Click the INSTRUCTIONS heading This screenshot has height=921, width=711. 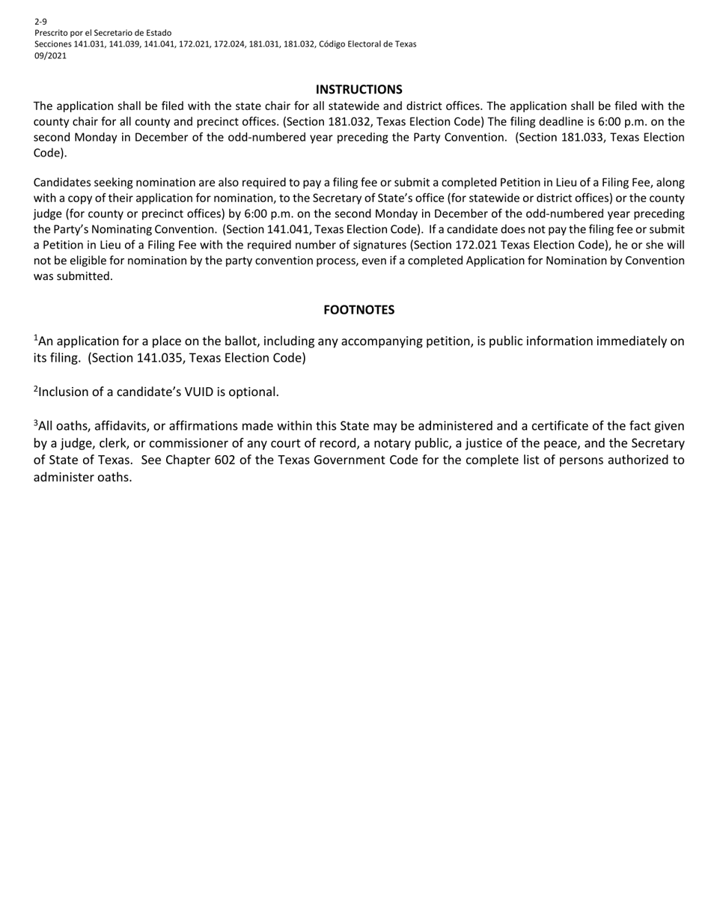pyautogui.click(x=358, y=89)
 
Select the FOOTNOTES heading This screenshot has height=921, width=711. pyautogui.click(x=358, y=310)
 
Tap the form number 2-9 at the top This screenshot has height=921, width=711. pyautogui.click(x=40, y=22)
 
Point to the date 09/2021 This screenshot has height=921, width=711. pyautogui.click(x=50, y=55)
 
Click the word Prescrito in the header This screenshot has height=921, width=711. pyautogui.click(x=52, y=33)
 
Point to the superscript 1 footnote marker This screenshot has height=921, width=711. pyautogui.click(x=36, y=338)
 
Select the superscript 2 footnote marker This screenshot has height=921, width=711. pyautogui.click(x=36, y=389)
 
